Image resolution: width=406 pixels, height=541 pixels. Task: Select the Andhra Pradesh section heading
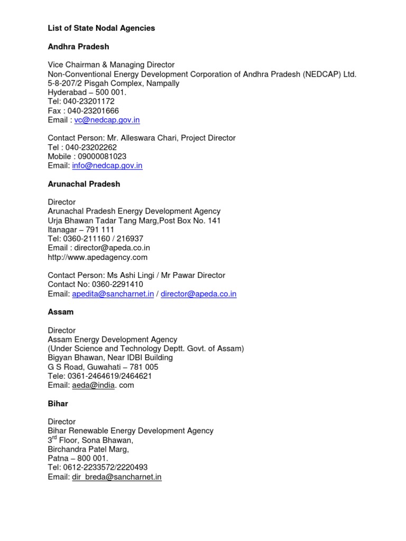point(78,46)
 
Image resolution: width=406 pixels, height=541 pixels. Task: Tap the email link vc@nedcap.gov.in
point(107,120)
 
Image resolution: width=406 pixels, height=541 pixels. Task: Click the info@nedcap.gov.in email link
point(107,165)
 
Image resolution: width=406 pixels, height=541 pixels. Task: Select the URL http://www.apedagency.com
point(98,257)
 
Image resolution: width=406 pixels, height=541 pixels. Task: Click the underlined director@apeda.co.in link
point(198,294)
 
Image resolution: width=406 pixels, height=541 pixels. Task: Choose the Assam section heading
point(61,312)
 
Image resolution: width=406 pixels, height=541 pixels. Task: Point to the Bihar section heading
point(58,404)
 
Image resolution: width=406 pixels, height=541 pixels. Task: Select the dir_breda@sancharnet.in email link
point(117,477)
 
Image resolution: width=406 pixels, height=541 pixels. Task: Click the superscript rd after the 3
point(57,437)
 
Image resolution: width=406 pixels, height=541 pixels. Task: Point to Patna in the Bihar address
point(58,458)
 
